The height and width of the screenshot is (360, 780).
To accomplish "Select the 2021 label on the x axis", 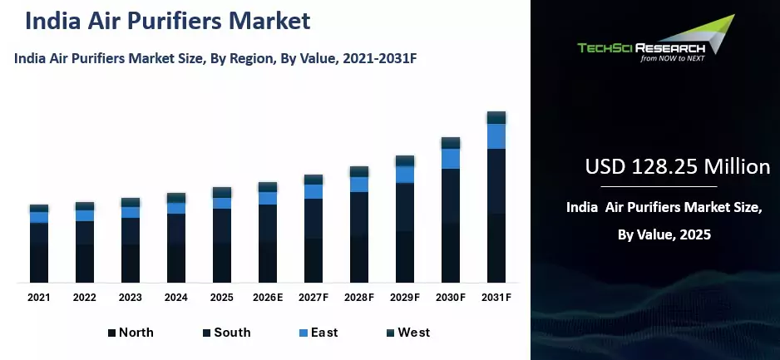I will click(39, 297).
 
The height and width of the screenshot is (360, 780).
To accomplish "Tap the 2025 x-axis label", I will click(222, 297).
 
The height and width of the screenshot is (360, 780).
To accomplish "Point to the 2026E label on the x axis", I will click(268, 297).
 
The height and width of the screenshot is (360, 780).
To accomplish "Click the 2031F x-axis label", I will click(496, 297).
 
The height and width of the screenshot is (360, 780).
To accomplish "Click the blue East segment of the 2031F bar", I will click(496, 136).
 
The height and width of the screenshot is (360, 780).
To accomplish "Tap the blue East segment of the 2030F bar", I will click(451, 158).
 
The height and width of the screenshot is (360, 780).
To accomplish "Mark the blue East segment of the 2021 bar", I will click(39, 217).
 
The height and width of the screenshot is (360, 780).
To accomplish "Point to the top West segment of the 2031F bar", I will click(496, 117).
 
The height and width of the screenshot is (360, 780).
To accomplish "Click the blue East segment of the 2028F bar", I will click(359, 184).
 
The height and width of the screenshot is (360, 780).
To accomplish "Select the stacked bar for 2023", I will click(131, 241).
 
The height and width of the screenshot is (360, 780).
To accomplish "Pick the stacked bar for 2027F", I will click(313, 229).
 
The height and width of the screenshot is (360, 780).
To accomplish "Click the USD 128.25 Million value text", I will click(678, 167).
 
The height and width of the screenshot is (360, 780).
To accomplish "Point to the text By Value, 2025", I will click(664, 235).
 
